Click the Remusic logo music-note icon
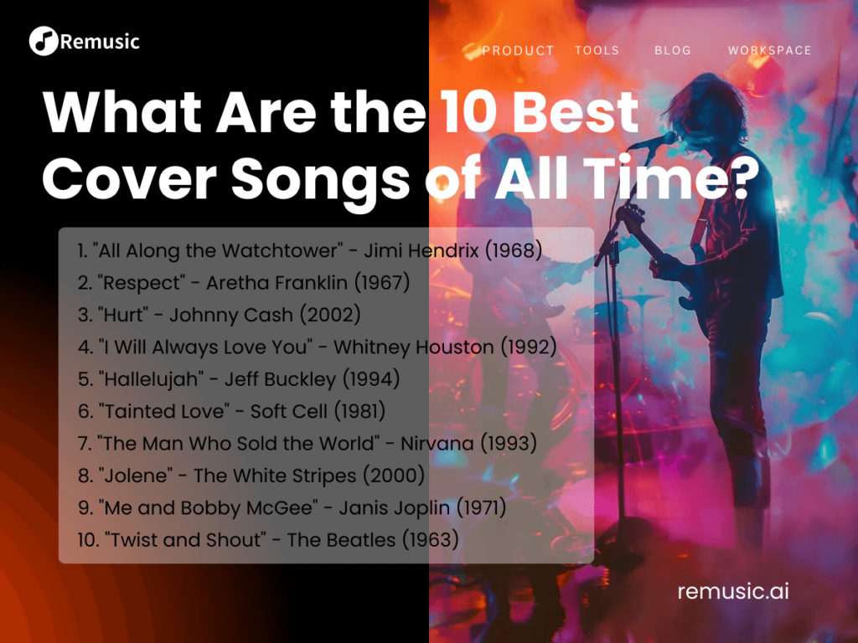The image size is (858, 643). [44, 40]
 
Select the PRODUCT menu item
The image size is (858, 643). [518, 50]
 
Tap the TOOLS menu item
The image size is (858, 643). [597, 50]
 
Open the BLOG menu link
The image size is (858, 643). [673, 50]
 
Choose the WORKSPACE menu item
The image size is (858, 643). [769, 50]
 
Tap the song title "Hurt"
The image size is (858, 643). [124, 315]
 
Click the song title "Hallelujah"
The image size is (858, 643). [152, 379]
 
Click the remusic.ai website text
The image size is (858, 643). [732, 591]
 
